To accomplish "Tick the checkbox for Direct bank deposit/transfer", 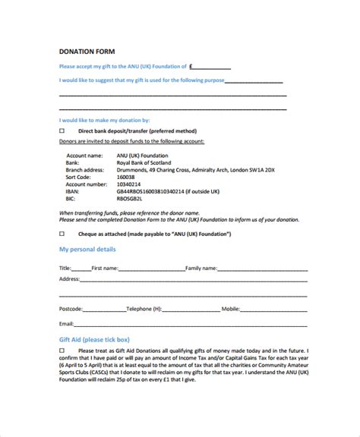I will click(x=62, y=130).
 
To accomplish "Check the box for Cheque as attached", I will click(x=62, y=234).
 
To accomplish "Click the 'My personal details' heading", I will click(x=87, y=250).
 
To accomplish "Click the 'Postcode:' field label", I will click(x=71, y=310).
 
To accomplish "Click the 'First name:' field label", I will click(x=105, y=268).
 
